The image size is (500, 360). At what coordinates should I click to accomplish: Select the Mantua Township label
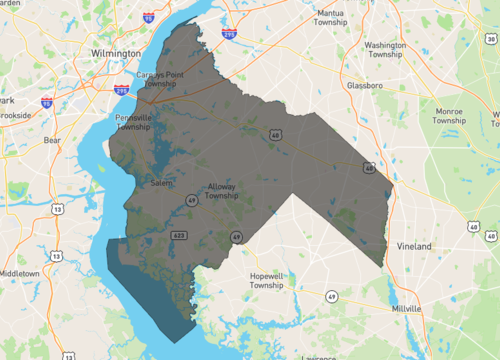point(330,18)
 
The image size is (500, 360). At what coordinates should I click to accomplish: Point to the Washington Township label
point(385,50)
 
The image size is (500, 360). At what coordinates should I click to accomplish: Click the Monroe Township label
point(449,115)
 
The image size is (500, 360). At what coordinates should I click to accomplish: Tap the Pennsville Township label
point(133,122)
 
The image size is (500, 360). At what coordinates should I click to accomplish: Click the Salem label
point(161,183)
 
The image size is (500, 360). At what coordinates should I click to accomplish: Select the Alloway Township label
point(221,191)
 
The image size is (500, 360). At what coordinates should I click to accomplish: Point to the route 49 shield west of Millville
point(331,296)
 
